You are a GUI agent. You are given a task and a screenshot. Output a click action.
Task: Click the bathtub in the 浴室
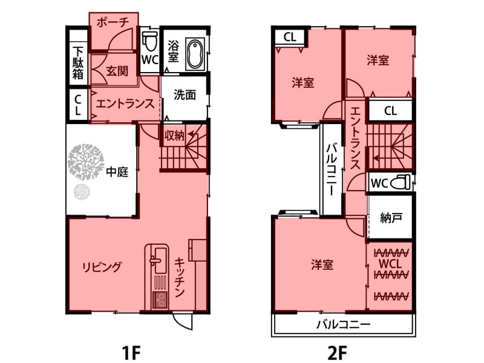(195, 54)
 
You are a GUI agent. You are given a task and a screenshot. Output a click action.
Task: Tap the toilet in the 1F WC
(150, 41)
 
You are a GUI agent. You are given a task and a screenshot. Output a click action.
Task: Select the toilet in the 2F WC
(401, 182)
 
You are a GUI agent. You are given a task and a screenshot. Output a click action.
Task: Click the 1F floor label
(131, 353)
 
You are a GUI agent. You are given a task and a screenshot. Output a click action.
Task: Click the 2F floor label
(337, 353)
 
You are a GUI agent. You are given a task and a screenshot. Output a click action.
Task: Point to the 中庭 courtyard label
(117, 172)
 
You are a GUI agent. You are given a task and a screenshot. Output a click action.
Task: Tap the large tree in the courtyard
(85, 162)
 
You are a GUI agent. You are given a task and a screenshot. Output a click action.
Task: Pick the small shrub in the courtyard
(82, 192)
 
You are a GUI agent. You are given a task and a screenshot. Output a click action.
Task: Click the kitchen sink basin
(160, 260)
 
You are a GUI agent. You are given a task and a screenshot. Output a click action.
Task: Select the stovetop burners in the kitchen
(160, 299)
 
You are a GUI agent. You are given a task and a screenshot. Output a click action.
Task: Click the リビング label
(102, 267)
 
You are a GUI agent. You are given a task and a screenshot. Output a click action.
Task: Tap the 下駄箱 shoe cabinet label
(78, 63)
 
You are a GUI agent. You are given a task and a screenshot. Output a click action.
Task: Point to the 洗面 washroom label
(185, 95)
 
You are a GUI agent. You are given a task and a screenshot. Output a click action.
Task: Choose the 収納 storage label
(174, 136)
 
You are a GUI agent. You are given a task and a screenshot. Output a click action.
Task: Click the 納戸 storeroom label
(391, 218)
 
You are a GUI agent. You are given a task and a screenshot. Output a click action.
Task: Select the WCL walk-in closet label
(390, 264)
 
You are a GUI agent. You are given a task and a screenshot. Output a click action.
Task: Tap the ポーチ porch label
(113, 22)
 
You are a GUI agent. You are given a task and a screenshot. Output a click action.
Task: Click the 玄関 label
(117, 71)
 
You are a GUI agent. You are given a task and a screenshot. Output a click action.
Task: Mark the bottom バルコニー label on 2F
(343, 324)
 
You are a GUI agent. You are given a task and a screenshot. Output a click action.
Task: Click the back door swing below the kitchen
(183, 321)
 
